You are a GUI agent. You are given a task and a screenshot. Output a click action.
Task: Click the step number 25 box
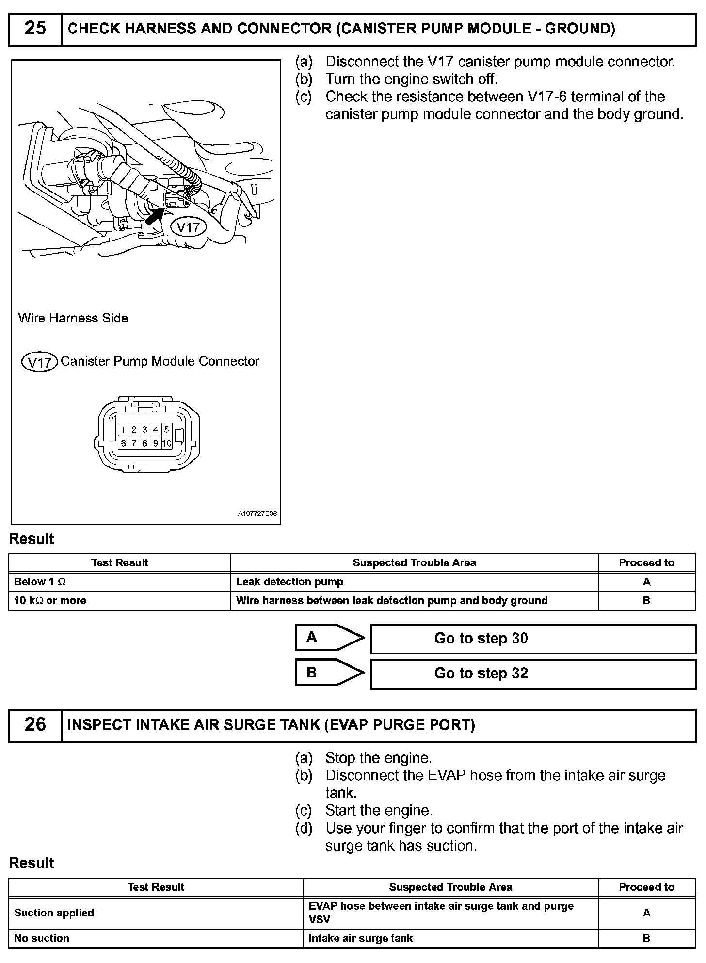pyautogui.click(x=35, y=29)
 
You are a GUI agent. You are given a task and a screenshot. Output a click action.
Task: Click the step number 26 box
pyautogui.click(x=35, y=725)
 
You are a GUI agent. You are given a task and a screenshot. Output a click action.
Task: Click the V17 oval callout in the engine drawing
pyautogui.click(x=188, y=227)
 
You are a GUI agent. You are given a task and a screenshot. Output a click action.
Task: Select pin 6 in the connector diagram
pyautogui.click(x=124, y=443)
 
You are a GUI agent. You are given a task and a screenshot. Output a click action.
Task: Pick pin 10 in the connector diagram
pyautogui.click(x=167, y=443)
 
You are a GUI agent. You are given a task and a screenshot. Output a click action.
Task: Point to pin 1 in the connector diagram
pyautogui.click(x=124, y=429)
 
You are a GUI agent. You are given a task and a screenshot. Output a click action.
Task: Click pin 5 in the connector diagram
pyautogui.click(x=167, y=429)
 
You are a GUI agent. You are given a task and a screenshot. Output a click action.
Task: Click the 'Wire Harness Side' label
pyautogui.click(x=73, y=318)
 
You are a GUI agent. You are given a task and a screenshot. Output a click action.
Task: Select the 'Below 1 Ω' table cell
pyautogui.click(x=119, y=582)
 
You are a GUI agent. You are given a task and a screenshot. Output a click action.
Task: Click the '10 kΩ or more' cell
pyautogui.click(x=119, y=601)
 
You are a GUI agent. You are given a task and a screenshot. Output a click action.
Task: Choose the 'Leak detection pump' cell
pyautogui.click(x=414, y=582)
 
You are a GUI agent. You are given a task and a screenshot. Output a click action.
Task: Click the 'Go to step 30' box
pyautogui.click(x=533, y=639)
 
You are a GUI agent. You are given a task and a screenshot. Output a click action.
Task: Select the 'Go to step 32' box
pyautogui.click(x=533, y=674)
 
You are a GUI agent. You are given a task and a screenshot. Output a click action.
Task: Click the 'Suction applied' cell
pyautogui.click(x=156, y=913)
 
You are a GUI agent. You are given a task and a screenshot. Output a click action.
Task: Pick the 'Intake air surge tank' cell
pyautogui.click(x=450, y=938)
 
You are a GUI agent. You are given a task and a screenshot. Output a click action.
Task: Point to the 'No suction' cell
pyautogui.click(x=156, y=938)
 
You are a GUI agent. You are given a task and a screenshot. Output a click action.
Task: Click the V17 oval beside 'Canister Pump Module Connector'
pyautogui.click(x=40, y=362)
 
